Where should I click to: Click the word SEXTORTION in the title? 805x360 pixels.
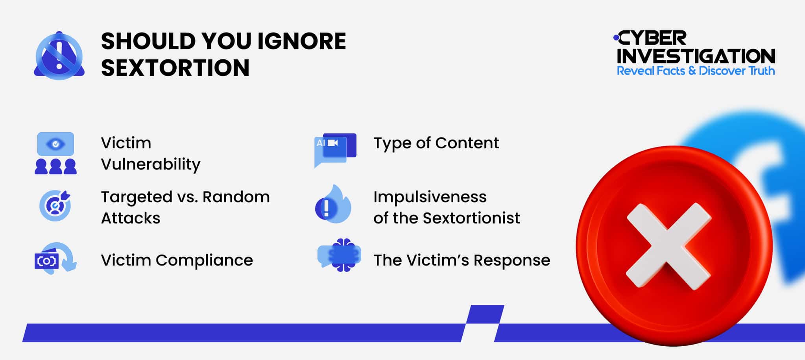point(175,68)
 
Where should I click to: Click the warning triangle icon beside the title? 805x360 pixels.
point(59,55)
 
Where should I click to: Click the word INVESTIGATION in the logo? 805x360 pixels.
point(696,56)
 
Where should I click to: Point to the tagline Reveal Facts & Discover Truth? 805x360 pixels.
point(696,71)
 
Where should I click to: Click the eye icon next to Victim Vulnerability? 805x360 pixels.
point(55,144)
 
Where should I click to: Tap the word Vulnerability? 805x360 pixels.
point(151,164)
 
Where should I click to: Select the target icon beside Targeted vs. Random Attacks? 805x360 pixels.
point(55,205)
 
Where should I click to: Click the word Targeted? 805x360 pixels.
point(136,197)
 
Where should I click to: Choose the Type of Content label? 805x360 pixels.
point(436,143)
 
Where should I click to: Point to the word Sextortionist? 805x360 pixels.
point(471,218)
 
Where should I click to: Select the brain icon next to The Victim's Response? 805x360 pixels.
point(341,255)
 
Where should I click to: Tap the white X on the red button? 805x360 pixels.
point(668,246)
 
